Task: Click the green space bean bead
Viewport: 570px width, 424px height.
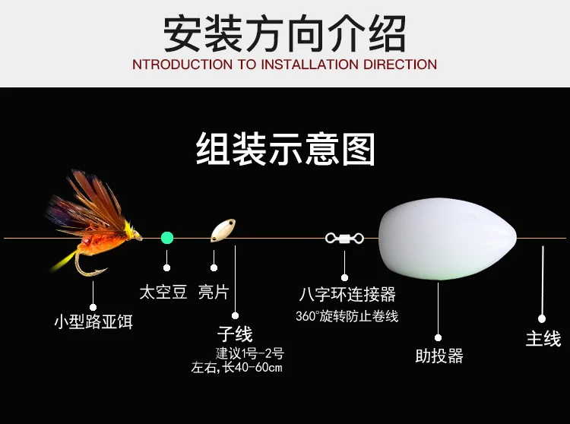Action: [167, 238]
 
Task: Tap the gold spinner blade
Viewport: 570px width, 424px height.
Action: [223, 230]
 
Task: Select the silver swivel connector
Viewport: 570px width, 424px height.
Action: [344, 239]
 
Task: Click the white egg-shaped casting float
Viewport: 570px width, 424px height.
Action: [448, 239]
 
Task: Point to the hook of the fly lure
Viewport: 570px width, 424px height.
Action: [88, 267]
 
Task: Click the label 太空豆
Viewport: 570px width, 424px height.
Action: [163, 292]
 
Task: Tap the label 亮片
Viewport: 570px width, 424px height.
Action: [214, 292]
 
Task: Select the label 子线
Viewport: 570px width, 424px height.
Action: [235, 334]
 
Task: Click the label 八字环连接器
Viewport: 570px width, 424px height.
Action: [347, 294]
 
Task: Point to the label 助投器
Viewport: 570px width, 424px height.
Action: [439, 356]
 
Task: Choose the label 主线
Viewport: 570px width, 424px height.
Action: [543, 338]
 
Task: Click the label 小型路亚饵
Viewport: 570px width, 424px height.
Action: [93, 321]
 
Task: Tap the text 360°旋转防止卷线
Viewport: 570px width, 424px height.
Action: [347, 316]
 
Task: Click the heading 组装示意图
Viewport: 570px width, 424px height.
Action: [286, 149]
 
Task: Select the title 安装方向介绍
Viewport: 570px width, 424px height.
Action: [285, 33]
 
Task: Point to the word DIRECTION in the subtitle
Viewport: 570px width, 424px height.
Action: [400, 65]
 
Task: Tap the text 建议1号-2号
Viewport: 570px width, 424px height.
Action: [249, 353]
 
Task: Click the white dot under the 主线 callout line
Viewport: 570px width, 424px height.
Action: [542, 318]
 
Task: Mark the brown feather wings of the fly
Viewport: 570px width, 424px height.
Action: [87, 204]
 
